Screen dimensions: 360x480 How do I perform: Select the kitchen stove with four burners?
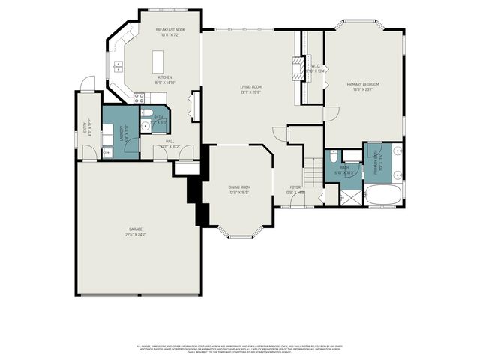tap(138, 95)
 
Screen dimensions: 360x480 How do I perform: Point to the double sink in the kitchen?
tap(118, 67)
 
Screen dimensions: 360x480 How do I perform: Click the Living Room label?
tap(250, 87)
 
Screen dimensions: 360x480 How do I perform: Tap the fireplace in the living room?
tap(299, 70)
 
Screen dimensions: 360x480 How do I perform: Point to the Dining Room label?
tap(239, 187)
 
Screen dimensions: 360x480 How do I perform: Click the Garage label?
tap(135, 230)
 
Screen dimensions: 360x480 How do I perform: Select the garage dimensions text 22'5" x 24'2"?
tap(135, 235)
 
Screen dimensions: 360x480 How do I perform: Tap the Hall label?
tap(169, 142)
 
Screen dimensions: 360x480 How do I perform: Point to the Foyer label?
tap(295, 187)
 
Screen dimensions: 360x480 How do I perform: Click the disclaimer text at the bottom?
tap(239, 349)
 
